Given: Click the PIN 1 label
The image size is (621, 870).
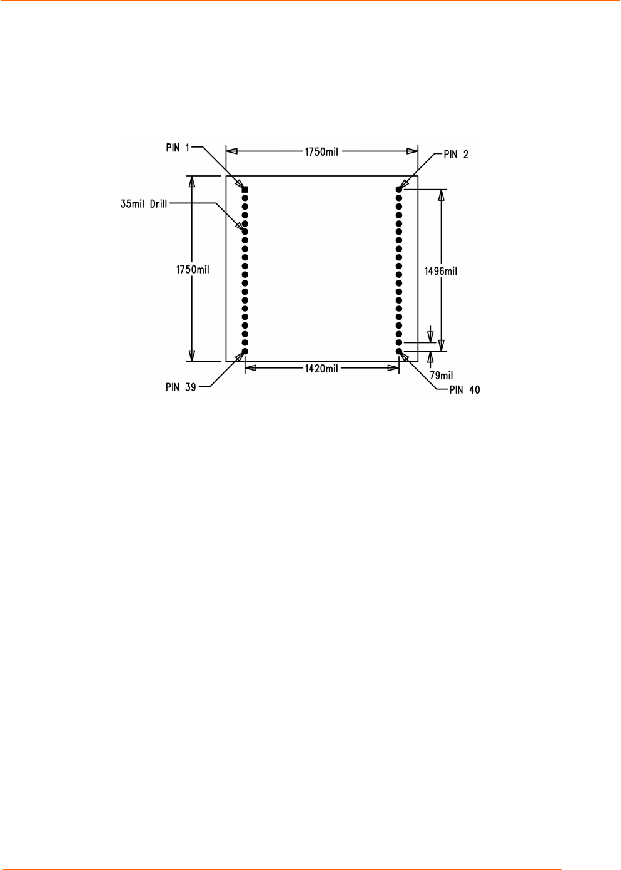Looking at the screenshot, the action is click(x=178, y=148).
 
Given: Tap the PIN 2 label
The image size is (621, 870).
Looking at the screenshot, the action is click(x=456, y=155).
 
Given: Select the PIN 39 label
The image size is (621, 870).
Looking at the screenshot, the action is click(x=181, y=387).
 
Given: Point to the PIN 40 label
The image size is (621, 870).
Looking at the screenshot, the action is click(x=465, y=389).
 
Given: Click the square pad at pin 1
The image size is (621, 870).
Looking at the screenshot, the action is click(x=245, y=190).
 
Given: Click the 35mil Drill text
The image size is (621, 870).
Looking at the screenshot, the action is click(x=144, y=204).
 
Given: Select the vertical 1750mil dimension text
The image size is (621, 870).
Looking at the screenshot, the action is click(x=193, y=270).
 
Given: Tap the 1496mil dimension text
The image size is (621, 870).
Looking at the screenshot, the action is click(x=440, y=271).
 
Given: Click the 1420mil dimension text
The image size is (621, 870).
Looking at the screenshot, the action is click(x=321, y=368).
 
